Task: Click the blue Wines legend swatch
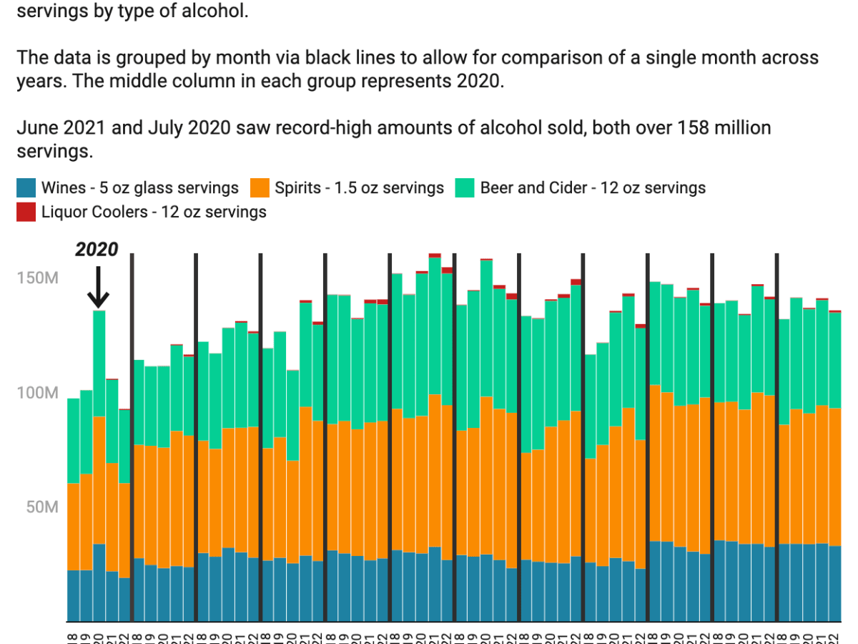[26, 188]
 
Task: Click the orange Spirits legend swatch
[259, 188]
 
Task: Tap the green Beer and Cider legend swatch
[465, 188]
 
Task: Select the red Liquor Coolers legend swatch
[26, 212]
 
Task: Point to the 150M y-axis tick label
[36, 278]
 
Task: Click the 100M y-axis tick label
[36, 393]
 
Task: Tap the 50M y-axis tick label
[40, 507]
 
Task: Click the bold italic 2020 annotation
[97, 250]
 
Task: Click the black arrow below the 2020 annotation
[99, 287]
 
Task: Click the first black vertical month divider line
[132, 436]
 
